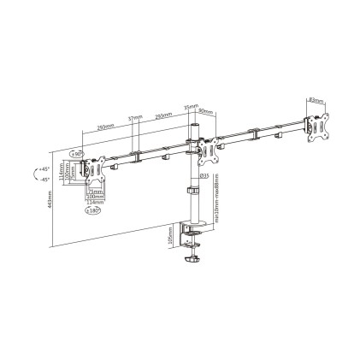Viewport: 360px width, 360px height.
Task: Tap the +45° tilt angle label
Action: (x=43, y=170)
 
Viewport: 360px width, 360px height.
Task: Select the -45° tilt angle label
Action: (x=43, y=180)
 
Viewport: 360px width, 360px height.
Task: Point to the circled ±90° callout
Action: (x=77, y=153)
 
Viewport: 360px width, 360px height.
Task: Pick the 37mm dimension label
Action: (x=134, y=120)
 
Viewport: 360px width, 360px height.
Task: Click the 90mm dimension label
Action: (x=204, y=111)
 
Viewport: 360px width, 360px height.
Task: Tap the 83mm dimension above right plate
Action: (x=316, y=101)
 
